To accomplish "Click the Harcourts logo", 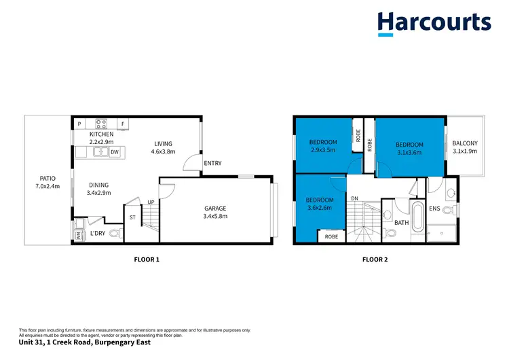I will (434, 22).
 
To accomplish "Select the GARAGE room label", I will (216, 209).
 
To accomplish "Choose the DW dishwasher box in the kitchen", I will (115, 152).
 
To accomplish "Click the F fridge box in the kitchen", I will (123, 124).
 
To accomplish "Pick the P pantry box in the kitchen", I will (79, 124).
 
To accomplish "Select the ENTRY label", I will (212, 163).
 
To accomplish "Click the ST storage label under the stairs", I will (132, 218).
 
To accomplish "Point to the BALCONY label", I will (465, 143).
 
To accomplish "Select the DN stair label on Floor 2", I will (355, 198).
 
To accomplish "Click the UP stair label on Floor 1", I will (151, 202).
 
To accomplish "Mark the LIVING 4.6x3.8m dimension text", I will (163, 152).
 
